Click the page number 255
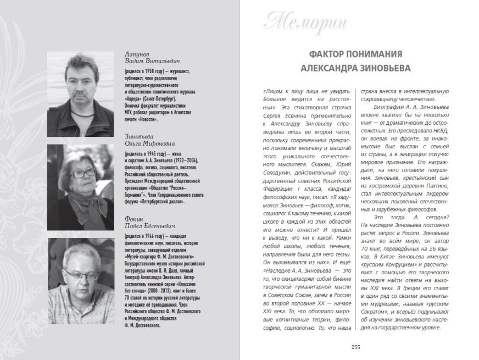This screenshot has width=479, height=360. click(355, 346)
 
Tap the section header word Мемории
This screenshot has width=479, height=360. click(298, 22)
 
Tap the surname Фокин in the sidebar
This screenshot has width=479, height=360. click(135, 218)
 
